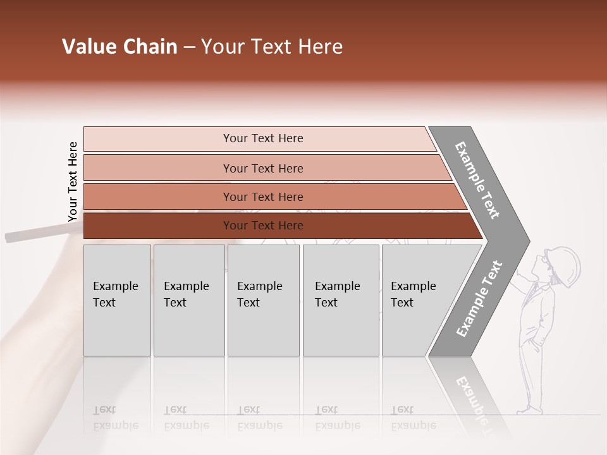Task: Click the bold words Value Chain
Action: [120, 47]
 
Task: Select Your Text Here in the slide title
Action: [272, 47]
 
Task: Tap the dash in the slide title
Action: [188, 47]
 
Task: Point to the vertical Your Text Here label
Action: [73, 181]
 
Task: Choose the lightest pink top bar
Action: [259, 138]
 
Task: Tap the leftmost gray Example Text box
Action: [117, 300]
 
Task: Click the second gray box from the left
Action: [189, 300]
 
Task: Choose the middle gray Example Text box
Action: [263, 300]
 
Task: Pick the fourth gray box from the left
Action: [341, 300]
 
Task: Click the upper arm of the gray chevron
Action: [477, 179]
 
